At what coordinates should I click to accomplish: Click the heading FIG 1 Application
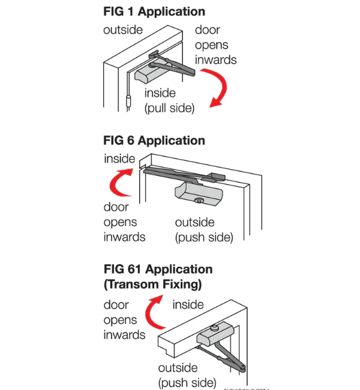(x=154, y=11)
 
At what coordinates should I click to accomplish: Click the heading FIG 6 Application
(x=154, y=140)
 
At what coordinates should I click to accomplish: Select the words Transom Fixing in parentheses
(x=152, y=284)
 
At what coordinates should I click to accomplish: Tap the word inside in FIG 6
(x=119, y=159)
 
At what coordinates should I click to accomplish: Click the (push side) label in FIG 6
(x=204, y=237)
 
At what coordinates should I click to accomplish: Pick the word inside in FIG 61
(x=188, y=305)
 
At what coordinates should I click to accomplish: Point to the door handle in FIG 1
(x=129, y=100)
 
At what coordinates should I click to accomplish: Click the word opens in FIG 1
(x=212, y=45)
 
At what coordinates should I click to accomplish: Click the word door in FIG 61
(x=116, y=305)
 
